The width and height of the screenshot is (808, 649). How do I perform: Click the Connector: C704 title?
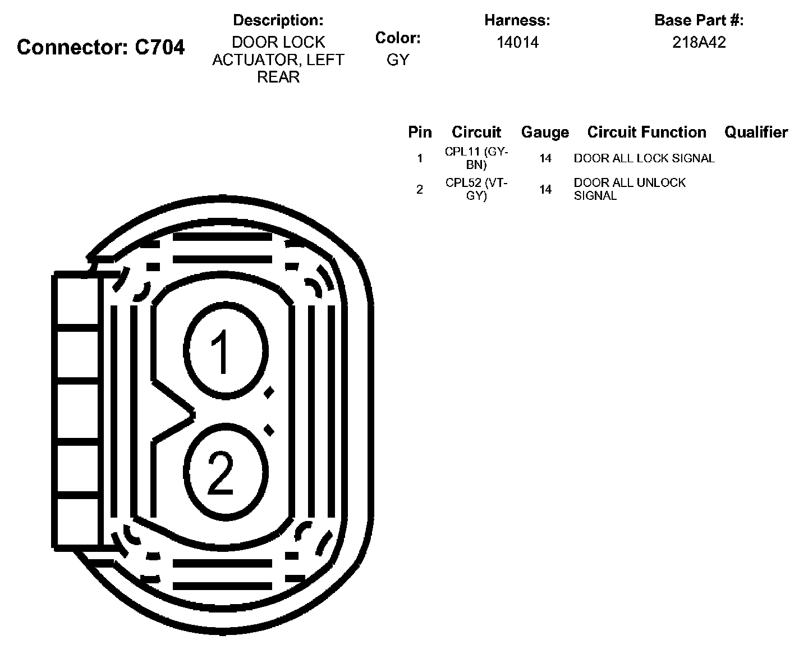tap(100, 47)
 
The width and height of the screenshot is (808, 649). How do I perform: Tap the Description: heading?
tap(278, 20)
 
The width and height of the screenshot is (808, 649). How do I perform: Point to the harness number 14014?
tap(517, 43)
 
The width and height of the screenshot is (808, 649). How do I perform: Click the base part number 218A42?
tap(699, 43)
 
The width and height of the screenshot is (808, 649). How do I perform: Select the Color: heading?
tap(398, 38)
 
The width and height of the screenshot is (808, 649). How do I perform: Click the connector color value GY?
tap(398, 60)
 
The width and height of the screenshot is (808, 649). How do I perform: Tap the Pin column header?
tap(420, 132)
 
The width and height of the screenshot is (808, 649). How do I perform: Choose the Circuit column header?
tap(476, 132)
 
